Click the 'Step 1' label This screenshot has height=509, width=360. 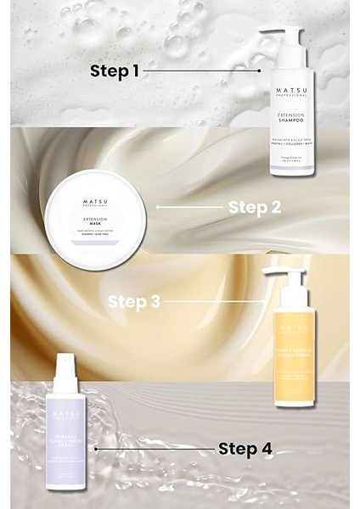[115, 71]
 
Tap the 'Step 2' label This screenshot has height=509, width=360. [253, 206]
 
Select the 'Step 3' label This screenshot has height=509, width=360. [134, 300]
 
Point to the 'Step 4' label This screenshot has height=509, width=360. [245, 448]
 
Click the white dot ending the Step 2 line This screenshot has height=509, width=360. [158, 206]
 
